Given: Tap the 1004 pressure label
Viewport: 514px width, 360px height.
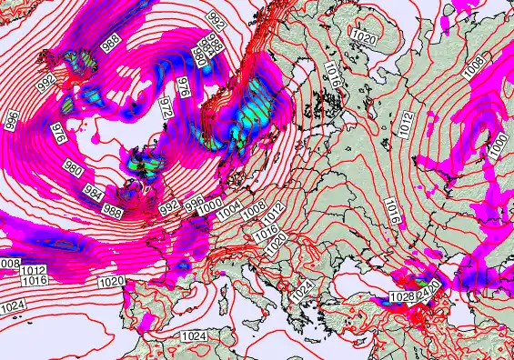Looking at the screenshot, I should pyautogui.click(x=230, y=209).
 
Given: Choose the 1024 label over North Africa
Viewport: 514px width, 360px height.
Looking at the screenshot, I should pyautogui.click(x=193, y=335).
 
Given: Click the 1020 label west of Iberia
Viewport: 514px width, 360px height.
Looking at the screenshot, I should pyautogui.click(x=111, y=282).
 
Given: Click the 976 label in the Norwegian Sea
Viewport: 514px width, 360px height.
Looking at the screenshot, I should pyautogui.click(x=184, y=86).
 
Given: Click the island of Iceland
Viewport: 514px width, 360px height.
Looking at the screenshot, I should pyautogui.click(x=68, y=68).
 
